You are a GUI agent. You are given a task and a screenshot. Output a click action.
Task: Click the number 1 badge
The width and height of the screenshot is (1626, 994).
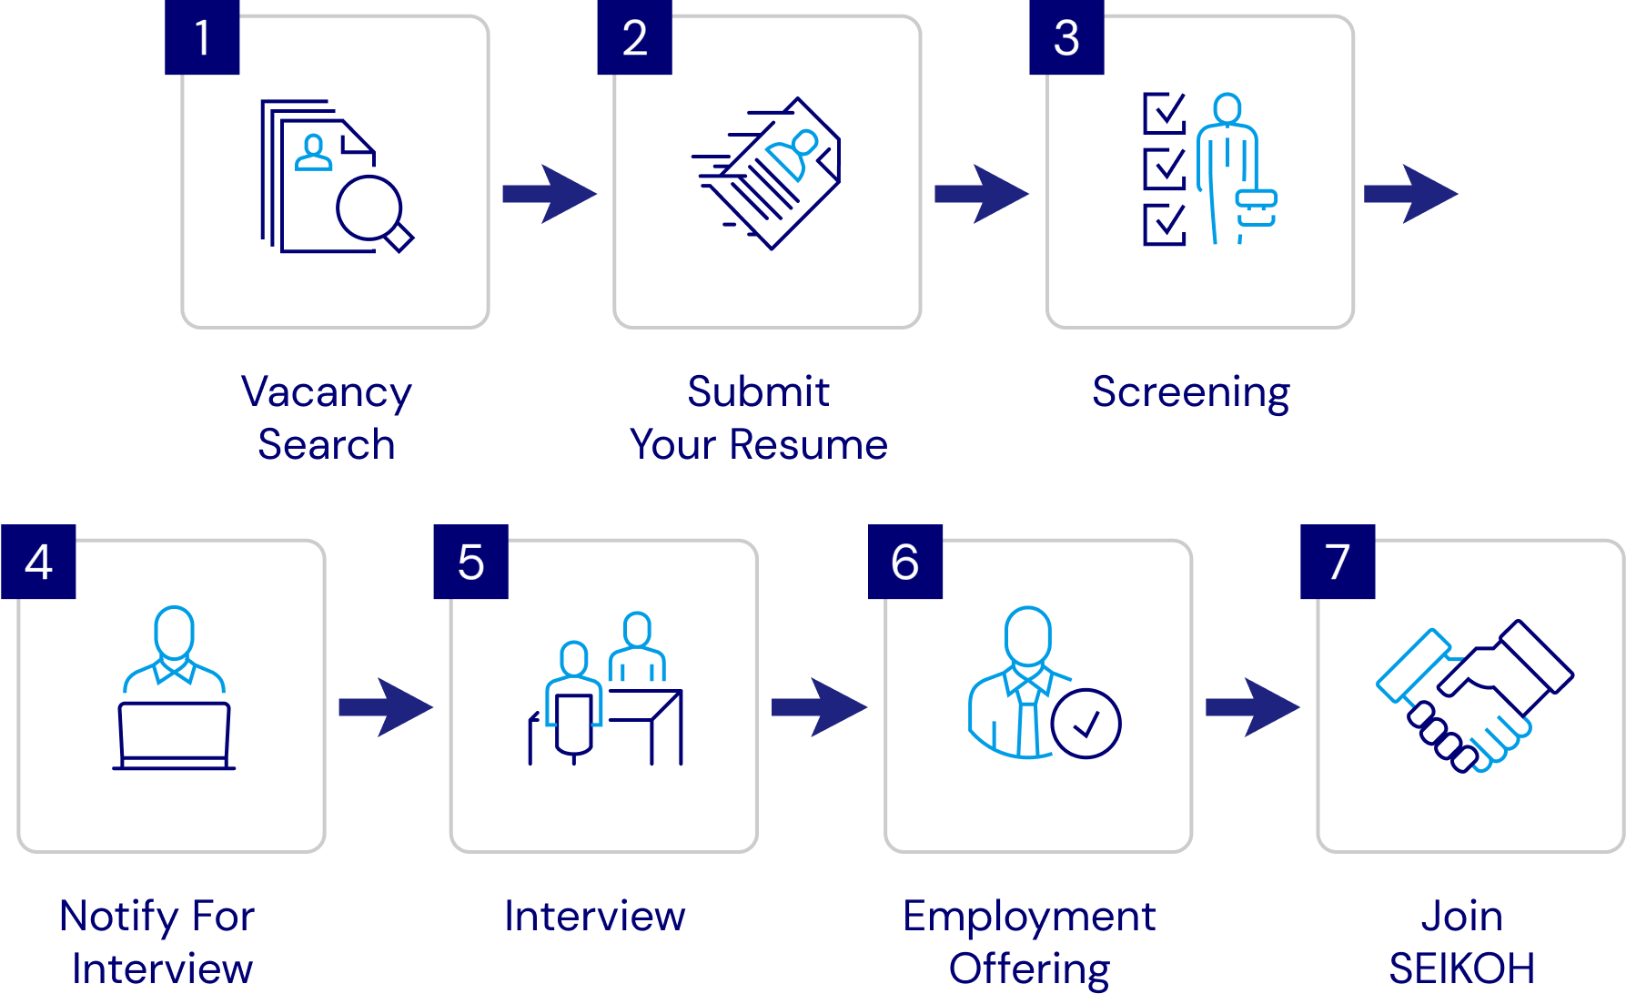tap(202, 37)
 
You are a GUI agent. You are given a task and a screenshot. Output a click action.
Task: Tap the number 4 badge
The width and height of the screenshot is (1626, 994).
tap(38, 562)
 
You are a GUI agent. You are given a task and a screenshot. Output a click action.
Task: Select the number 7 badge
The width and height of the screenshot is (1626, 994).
tap(1337, 562)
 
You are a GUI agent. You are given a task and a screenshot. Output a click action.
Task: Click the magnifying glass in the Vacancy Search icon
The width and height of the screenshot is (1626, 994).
tap(371, 210)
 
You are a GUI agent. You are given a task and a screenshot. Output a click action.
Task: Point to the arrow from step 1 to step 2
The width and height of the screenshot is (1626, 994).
tap(549, 193)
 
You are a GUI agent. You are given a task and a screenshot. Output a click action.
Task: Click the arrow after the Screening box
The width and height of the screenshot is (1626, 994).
tap(1410, 193)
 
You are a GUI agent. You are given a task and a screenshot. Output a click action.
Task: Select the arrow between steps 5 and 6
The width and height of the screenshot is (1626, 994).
tap(819, 706)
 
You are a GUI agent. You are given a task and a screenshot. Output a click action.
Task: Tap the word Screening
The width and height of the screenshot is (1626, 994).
tap(1191, 393)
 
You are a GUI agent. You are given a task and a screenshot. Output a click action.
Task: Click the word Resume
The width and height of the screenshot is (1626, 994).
tap(808, 445)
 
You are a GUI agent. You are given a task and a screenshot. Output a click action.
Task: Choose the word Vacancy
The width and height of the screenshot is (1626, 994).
tap(327, 393)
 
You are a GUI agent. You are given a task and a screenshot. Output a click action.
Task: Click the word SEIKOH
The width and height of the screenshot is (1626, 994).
tap(1461, 969)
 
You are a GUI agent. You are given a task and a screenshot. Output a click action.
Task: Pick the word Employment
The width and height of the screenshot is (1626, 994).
tap(1029, 917)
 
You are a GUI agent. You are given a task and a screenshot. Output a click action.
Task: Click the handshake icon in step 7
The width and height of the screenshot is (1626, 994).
tap(1474, 696)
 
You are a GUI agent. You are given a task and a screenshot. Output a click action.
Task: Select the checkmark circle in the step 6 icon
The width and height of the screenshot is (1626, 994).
tap(1086, 724)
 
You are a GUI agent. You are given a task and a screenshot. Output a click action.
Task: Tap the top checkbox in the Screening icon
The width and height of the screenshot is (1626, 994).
tap(1164, 112)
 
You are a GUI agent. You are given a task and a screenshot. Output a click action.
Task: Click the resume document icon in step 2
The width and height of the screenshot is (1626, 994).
tap(773, 173)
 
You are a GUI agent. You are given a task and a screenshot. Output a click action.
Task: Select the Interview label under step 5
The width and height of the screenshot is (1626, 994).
tap(595, 917)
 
